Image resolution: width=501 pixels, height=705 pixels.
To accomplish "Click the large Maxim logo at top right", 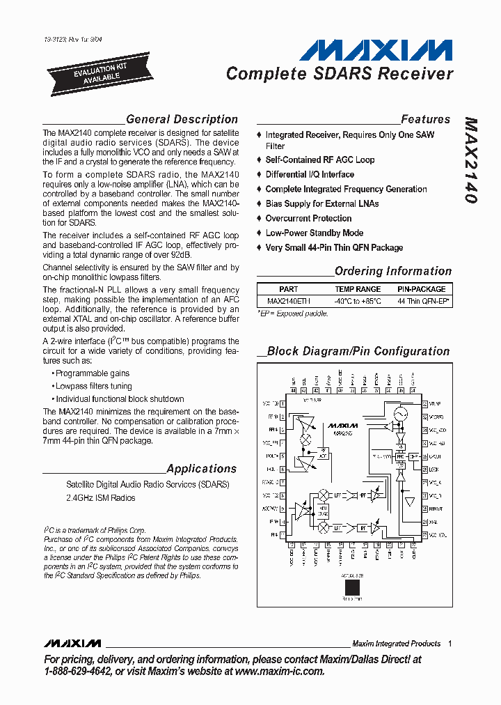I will point(376,51).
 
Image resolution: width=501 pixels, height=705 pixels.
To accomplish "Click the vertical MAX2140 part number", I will point(470,160).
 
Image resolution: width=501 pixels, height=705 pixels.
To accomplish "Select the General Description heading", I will point(182,119).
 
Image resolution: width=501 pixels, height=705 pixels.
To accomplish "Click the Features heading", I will point(425,119).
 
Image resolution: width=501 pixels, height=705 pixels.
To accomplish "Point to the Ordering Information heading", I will point(392,271).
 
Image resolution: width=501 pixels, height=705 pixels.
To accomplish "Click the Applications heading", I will point(202,469).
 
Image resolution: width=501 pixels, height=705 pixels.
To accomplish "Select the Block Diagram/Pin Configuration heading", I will point(358,351).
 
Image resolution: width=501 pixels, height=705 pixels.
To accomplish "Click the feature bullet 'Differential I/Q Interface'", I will point(310,174).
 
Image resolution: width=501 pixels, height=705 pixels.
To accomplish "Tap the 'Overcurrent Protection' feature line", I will point(308,218).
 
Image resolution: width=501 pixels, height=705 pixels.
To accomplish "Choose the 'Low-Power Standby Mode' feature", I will point(314,233).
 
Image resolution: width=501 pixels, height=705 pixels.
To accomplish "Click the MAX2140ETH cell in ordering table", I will point(289,301).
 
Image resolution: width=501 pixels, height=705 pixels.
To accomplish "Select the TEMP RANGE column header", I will point(358,288).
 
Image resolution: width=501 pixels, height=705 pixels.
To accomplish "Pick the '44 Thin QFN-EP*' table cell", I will point(424,301).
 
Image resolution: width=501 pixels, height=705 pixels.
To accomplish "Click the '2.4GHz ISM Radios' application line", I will point(101,498).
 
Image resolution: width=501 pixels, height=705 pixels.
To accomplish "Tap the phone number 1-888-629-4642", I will point(78,671).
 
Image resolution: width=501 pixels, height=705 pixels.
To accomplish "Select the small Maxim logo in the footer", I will point(72,643).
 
